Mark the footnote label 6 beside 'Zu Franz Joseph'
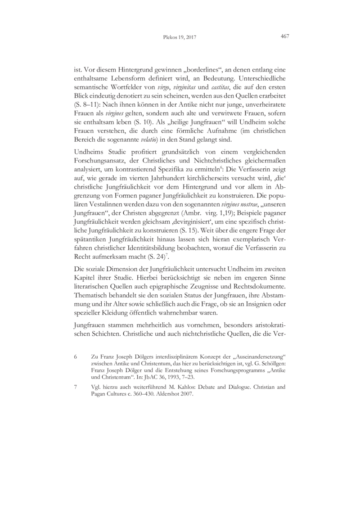(x=75, y=356)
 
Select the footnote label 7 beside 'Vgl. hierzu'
(x=75, y=387)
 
